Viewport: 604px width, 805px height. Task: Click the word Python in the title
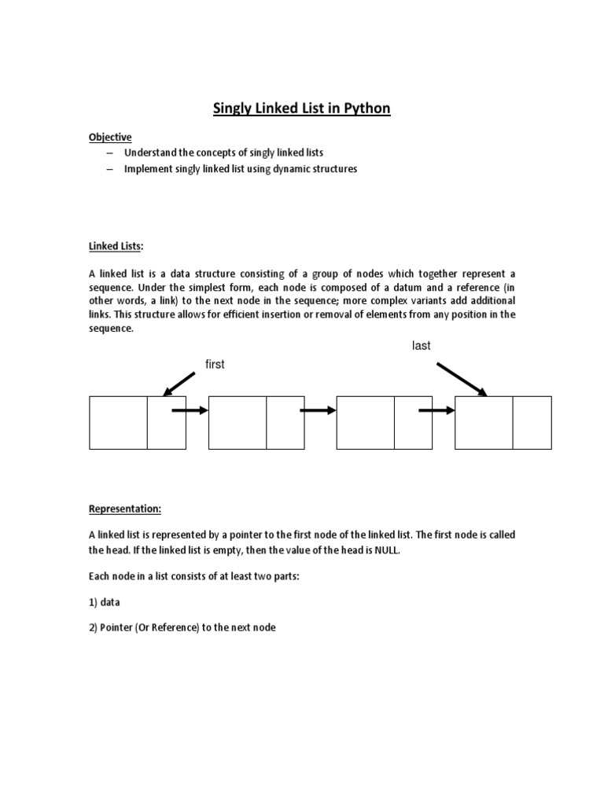tap(365, 108)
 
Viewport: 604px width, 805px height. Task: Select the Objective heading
tap(110, 137)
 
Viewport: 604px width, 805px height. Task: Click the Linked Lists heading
tap(115, 246)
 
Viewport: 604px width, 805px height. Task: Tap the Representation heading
tap(124, 509)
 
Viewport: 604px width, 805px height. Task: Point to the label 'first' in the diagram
tap(215, 365)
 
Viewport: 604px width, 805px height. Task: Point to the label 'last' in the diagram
tap(422, 346)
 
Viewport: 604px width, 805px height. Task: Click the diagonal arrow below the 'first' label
tap(178, 384)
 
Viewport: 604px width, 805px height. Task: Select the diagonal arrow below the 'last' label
tap(462, 379)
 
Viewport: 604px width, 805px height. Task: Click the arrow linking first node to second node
tap(190, 410)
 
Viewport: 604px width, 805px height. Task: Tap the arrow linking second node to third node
tap(318, 410)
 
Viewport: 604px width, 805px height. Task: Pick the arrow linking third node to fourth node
tap(436, 410)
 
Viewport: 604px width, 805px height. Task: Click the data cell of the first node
tap(119, 423)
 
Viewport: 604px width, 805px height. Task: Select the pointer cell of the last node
tap(532, 423)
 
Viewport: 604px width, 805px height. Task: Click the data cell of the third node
tap(366, 423)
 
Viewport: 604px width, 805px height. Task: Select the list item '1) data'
tap(106, 601)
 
